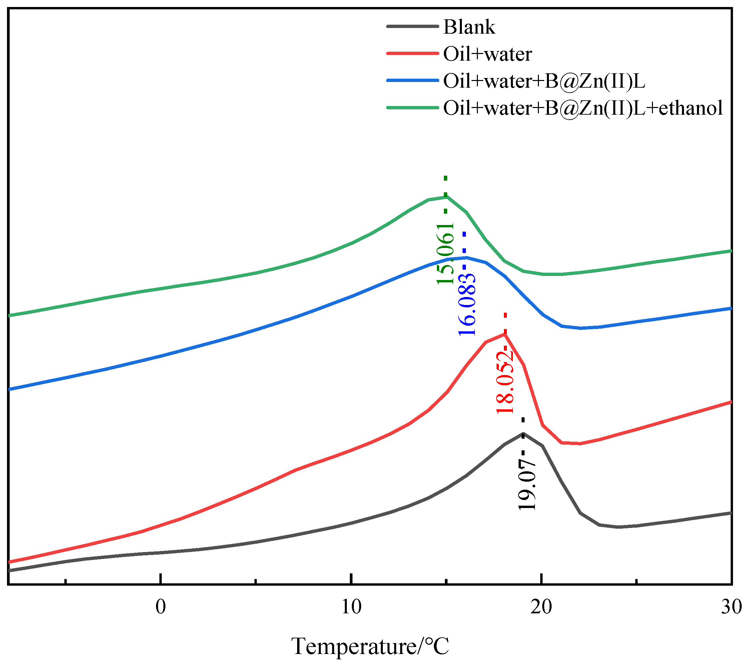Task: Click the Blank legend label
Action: (469, 27)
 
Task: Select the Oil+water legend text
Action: (487, 54)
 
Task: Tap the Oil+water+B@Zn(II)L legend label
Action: (544, 81)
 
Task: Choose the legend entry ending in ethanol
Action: (583, 108)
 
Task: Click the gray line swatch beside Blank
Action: (412, 26)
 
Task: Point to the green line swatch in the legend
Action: (412, 108)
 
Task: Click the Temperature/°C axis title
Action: (370, 646)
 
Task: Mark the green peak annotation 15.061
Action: (446, 253)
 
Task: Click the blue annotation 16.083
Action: (467, 305)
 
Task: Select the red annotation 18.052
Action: (505, 382)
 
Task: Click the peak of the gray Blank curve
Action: (523, 433)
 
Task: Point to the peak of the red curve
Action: (505, 334)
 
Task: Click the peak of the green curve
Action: (446, 196)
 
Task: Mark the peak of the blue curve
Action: (466, 258)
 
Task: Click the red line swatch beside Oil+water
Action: (412, 54)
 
